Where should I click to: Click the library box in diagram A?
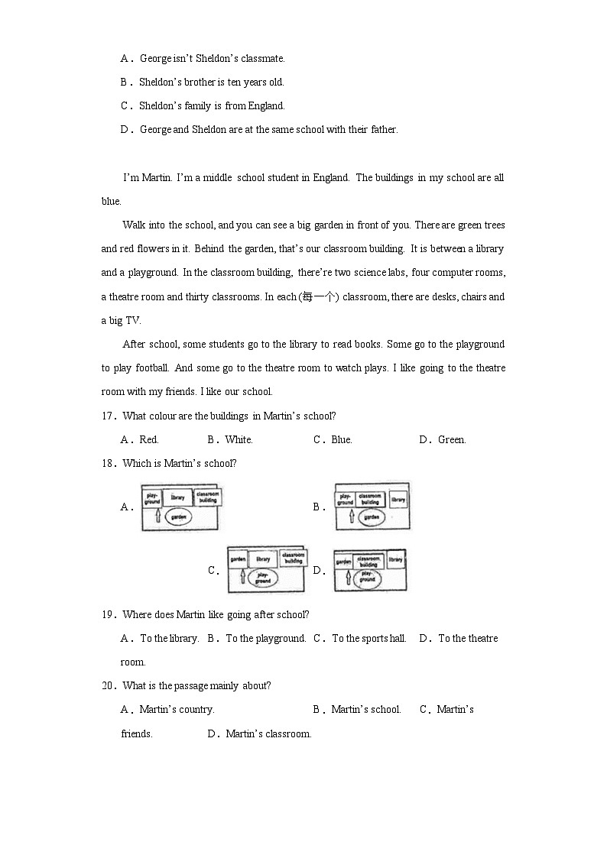click(177, 497)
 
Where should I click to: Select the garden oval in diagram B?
click(371, 517)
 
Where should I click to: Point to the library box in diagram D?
click(395, 560)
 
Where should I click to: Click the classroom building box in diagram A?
click(206, 497)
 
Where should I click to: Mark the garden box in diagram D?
click(343, 562)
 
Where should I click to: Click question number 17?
click(109, 416)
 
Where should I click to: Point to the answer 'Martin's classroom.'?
click(268, 734)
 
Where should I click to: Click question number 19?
click(109, 615)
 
